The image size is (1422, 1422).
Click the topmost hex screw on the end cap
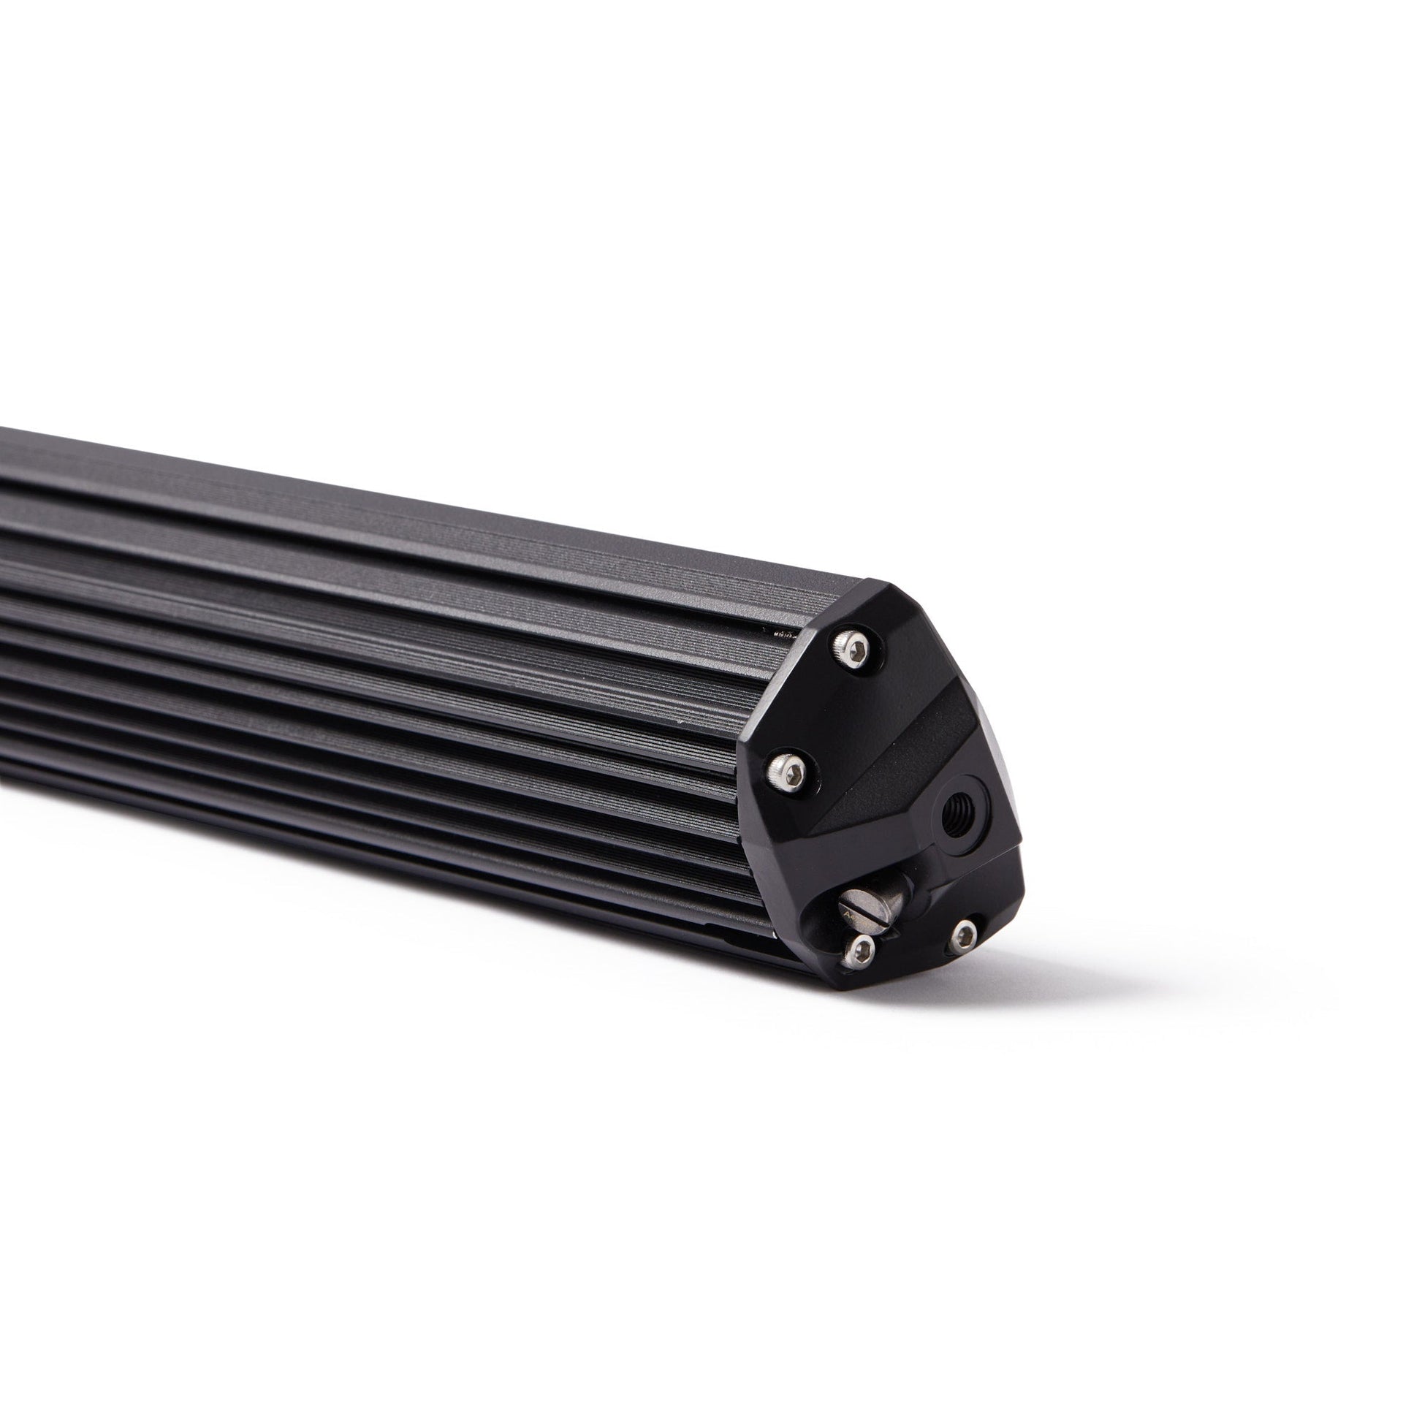[x=851, y=650]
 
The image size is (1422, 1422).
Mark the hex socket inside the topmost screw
[x=851, y=650]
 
